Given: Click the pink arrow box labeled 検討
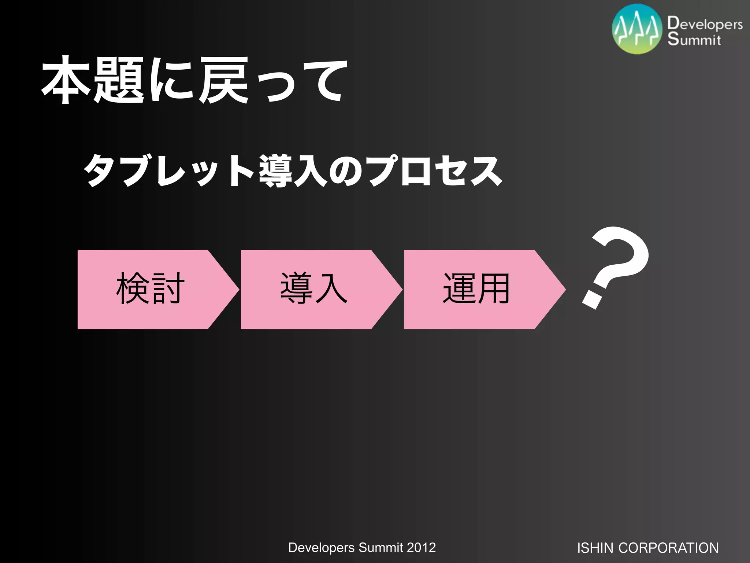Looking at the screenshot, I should pyautogui.click(x=150, y=289).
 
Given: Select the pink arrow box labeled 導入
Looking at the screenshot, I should pyautogui.click(x=313, y=289).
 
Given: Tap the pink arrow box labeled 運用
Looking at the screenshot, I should pyautogui.click(x=476, y=289).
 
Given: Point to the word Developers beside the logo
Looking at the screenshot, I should pyautogui.click(x=705, y=23).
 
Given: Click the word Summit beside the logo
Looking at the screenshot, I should pyautogui.click(x=694, y=39).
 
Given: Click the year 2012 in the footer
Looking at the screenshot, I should pyautogui.click(x=421, y=548).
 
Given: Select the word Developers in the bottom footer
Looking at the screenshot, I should pyautogui.click(x=321, y=548).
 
